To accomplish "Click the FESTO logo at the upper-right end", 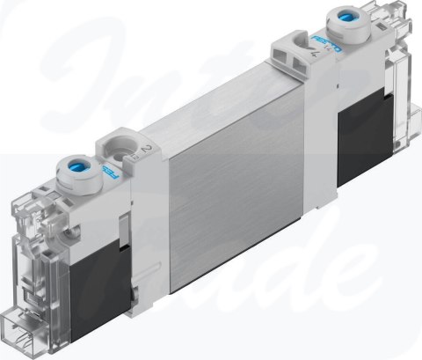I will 323,47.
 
